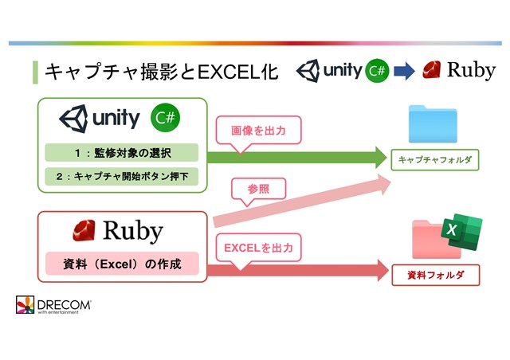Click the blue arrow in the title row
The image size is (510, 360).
point(404,71)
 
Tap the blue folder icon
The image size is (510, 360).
point(433,124)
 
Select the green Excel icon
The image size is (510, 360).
point(462,232)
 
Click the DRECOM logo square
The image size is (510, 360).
point(25,305)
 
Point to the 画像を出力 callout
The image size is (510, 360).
point(258,131)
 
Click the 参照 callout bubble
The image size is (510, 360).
point(258,190)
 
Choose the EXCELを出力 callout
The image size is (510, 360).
point(258,248)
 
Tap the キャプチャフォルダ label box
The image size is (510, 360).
point(435,159)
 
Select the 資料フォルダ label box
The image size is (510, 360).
point(436,275)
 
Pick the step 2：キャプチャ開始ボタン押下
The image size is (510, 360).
point(122,176)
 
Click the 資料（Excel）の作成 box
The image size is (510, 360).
point(122,264)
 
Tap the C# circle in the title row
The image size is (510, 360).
point(377,70)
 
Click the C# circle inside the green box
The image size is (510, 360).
point(165,117)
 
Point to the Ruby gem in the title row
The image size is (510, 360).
point(432,69)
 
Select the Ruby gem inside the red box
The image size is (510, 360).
point(84,230)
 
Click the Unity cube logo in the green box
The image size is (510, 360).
point(74,119)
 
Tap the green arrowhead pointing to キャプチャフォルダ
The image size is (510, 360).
point(381,158)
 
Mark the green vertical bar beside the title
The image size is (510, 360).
point(35,72)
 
